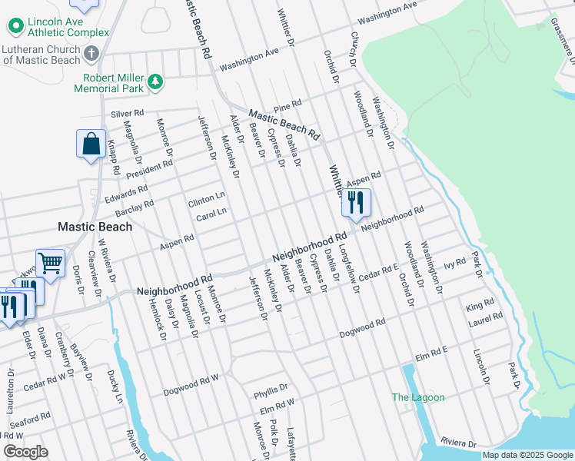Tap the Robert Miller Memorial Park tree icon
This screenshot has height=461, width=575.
coord(156,81)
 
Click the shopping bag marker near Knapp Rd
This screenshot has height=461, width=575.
coord(91,144)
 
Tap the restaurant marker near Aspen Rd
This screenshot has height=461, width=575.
coord(355,203)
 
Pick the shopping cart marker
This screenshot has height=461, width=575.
coord(50,264)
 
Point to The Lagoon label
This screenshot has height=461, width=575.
coord(418,397)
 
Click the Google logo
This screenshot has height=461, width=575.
coord(25,452)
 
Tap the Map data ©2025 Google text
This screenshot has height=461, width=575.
coord(527,455)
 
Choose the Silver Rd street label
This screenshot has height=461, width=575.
coord(128,113)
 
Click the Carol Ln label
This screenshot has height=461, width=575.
coord(211,213)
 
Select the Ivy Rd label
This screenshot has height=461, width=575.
coord(455,264)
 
